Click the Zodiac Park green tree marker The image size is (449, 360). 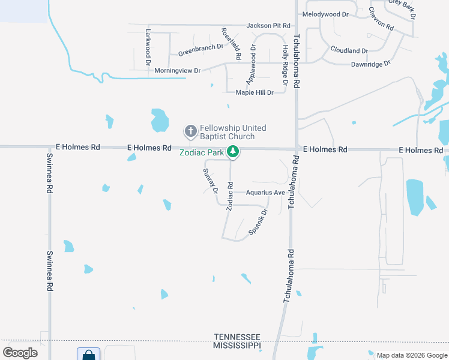click(x=234, y=152)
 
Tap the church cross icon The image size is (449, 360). click(x=190, y=131)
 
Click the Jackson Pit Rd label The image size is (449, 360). click(x=268, y=26)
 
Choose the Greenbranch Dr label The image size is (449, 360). click(x=200, y=49)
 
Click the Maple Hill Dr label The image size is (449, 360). click(x=255, y=92)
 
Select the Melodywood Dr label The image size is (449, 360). click(x=325, y=14)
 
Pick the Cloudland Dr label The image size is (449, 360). click(x=349, y=51)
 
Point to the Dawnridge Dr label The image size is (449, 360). click(x=370, y=63)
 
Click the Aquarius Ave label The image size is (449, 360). click(x=265, y=193)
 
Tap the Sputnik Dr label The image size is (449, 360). click(x=258, y=221)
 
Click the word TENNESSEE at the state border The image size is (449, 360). click(x=237, y=337)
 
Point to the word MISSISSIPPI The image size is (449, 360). click(x=237, y=346)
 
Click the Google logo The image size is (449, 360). click(x=20, y=352)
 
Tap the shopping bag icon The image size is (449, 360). click(x=88, y=355)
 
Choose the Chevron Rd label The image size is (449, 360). click(x=381, y=20)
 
